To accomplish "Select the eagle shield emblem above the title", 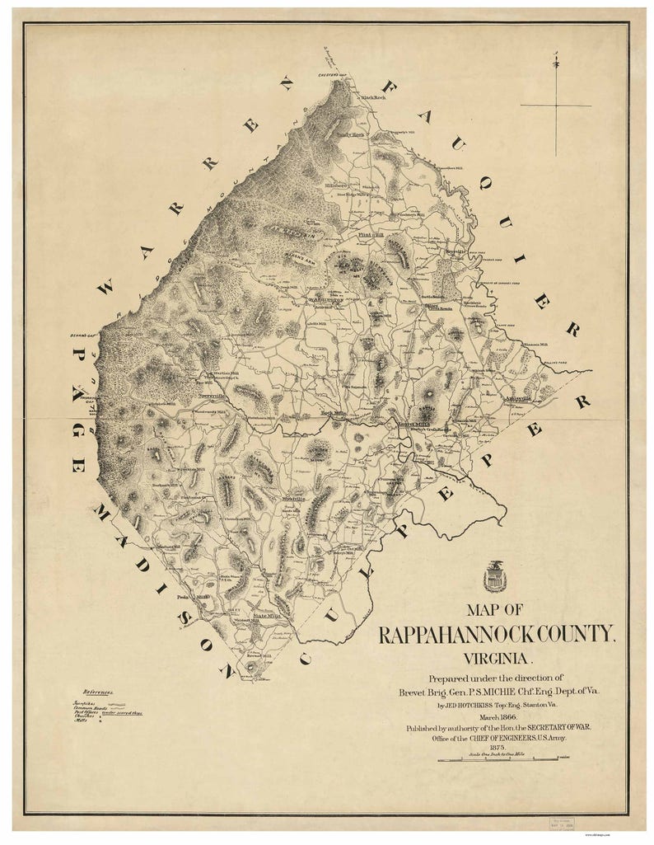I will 496,576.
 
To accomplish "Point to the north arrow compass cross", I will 556,105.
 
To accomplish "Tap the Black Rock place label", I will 372,98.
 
